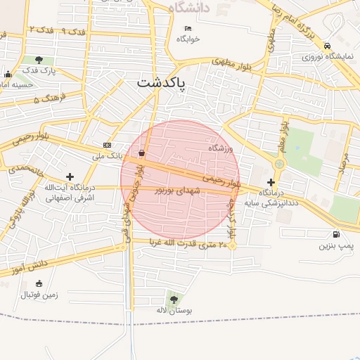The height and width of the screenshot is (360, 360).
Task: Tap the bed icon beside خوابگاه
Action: pyautogui.click(x=187, y=29)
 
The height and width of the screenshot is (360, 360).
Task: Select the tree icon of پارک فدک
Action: pyautogui.click(x=38, y=60)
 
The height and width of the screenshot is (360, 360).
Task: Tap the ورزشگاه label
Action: pyautogui.click(x=219, y=148)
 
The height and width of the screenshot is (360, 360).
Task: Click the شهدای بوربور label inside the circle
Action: pyautogui.click(x=178, y=191)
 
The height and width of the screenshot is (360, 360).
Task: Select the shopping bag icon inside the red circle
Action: pyautogui.click(x=142, y=153)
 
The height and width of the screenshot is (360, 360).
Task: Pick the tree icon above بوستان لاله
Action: pyautogui.click(x=174, y=300)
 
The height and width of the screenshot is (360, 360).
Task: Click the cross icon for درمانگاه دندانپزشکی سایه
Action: pyautogui.click(x=271, y=182)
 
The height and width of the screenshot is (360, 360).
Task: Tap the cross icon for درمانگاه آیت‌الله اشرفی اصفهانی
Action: pyautogui.click(x=69, y=176)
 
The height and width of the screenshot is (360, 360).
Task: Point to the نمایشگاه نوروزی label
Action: pyautogui.click(x=328, y=56)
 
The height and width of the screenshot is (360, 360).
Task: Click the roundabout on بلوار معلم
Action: pyautogui.click(x=279, y=164)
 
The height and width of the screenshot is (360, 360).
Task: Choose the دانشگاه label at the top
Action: pyautogui.click(x=191, y=8)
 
